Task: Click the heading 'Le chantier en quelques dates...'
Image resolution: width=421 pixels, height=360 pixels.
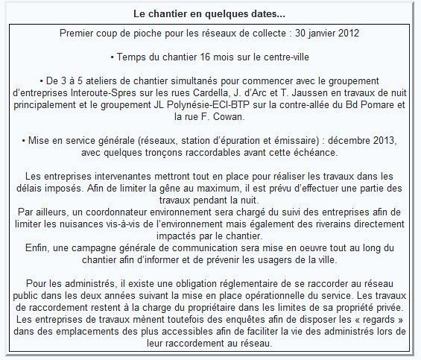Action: pyautogui.click(x=209, y=14)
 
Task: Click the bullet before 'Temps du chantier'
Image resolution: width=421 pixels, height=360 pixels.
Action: pyautogui.click(x=111, y=56)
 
